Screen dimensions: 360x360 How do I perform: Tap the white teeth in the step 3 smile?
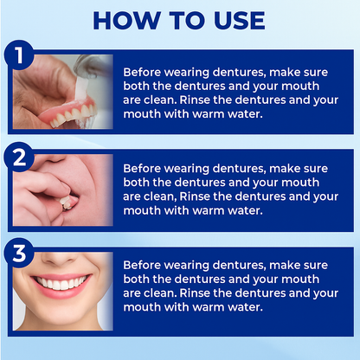click(x=62, y=284)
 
